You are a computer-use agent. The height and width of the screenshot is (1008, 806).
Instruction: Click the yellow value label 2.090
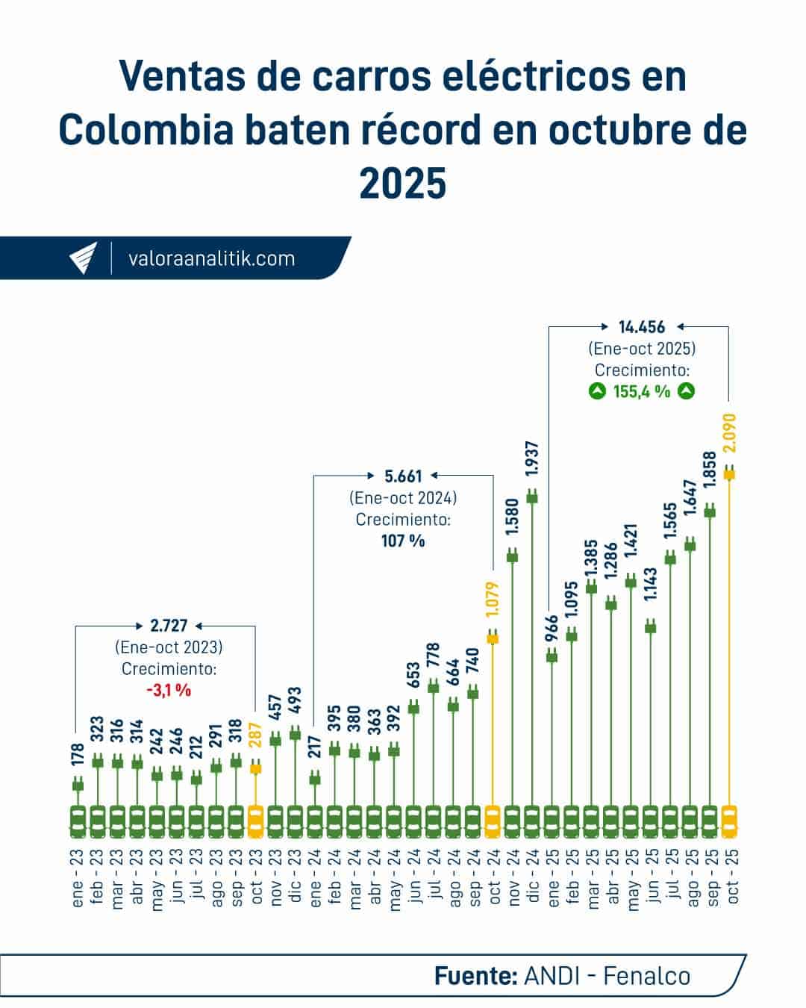coord(730,433)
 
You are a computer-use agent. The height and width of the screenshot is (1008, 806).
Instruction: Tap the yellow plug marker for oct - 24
coord(493,637)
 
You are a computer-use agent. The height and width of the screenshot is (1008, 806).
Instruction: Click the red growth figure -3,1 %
coord(169,690)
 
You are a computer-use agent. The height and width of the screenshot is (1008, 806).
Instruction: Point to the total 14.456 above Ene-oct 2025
coord(642,326)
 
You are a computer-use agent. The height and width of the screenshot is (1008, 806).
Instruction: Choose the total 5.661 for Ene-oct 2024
coord(403,476)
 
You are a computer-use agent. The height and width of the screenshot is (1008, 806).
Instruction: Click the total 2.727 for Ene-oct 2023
coord(169,626)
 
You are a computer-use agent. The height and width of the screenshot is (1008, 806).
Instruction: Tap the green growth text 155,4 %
coord(642,391)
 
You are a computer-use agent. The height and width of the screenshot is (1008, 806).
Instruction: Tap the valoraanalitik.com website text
coord(212,259)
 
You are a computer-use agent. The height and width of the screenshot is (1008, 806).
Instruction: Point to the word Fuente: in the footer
coord(475,975)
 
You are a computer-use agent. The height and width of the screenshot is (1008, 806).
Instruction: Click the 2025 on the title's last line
coord(403,183)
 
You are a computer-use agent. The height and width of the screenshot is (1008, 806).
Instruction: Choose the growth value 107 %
coord(403,540)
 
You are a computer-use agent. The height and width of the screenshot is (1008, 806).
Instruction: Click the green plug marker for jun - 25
coord(651,626)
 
